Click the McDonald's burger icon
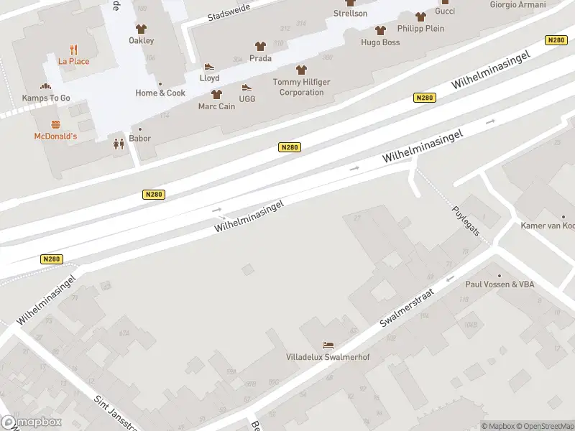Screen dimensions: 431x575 pyautogui.click(x=55, y=124)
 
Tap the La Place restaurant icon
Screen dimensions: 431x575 pyautogui.click(x=74, y=50)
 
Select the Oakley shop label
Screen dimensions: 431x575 pyautogui.click(x=141, y=41)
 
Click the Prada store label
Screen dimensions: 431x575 pyautogui.click(x=260, y=58)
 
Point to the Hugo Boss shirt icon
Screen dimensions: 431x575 pyautogui.click(x=380, y=31)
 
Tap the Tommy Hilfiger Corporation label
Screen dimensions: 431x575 pyautogui.click(x=301, y=87)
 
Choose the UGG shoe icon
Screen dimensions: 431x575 pyautogui.click(x=247, y=88)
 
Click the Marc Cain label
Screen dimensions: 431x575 pyautogui.click(x=216, y=106)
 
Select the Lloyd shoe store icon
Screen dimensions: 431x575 pyautogui.click(x=209, y=67)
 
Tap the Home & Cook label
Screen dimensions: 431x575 pyautogui.click(x=160, y=93)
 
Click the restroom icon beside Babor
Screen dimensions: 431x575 pyautogui.click(x=119, y=144)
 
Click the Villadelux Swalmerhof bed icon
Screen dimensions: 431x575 pyautogui.click(x=328, y=346)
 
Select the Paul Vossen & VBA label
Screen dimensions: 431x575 pyautogui.click(x=500, y=284)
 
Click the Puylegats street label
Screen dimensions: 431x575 pyautogui.click(x=466, y=215)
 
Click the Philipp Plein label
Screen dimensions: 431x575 pyautogui.click(x=420, y=29)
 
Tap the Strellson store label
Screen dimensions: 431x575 pyautogui.click(x=350, y=13)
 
